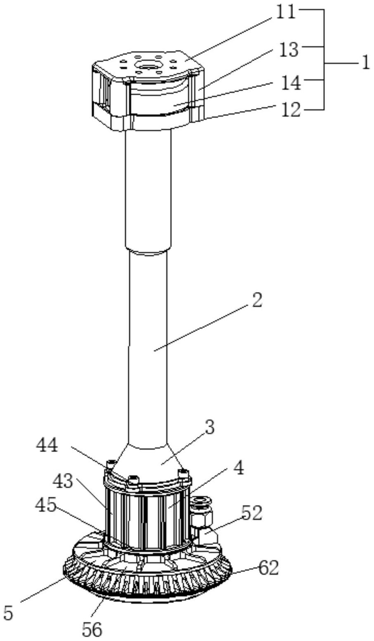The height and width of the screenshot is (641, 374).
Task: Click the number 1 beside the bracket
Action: [365, 63]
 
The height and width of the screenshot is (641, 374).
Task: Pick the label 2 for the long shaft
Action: [256, 300]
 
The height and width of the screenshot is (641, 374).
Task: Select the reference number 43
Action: [62, 481]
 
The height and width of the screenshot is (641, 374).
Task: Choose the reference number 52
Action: [251, 513]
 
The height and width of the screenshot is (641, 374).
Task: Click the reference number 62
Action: [268, 568]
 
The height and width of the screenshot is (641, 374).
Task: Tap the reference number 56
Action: [92, 629]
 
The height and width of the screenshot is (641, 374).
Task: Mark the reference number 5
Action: [8, 612]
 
